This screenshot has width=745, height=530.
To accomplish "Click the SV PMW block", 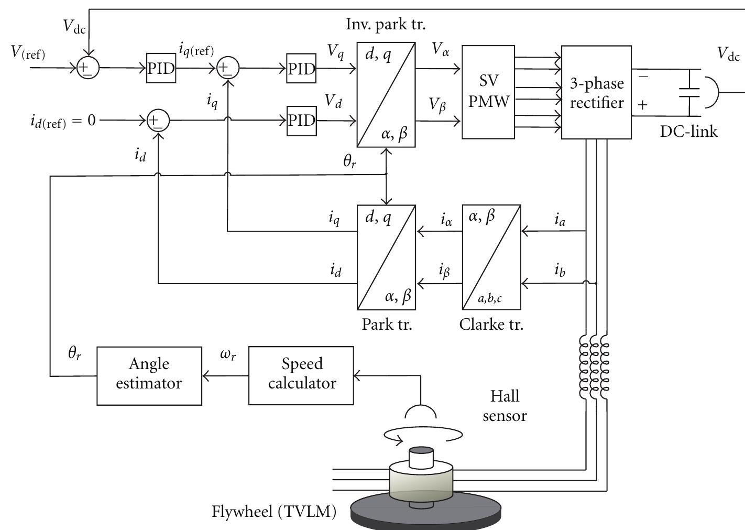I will tap(488, 92).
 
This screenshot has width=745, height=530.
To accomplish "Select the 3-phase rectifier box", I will tap(596, 92).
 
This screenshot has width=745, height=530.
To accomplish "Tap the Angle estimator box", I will tap(149, 375).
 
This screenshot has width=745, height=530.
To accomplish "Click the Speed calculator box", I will tap(301, 375).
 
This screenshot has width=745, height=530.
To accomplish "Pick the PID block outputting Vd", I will tap(301, 121).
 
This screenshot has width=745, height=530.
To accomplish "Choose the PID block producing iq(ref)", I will tap(161, 68).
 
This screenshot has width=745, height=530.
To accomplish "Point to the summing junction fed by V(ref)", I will tap(87, 68).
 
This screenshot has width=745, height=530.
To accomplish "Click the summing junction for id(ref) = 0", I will tap(158, 121).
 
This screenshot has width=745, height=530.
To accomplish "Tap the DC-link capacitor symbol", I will tap(688, 92).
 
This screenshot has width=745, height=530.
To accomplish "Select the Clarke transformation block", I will tap(491, 257).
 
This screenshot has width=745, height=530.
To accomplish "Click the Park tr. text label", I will tap(387, 324).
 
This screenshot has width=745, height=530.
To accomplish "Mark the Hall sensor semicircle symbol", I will tap(421, 410).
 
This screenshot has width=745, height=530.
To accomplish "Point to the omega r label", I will tap(228, 354).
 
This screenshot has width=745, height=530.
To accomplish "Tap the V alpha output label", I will tap(441, 51).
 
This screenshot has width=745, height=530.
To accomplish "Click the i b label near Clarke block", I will tap(560, 271).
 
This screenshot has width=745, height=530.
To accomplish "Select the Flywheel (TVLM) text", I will tap(274, 511).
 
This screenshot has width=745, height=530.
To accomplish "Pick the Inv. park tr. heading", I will tap(386, 24).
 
